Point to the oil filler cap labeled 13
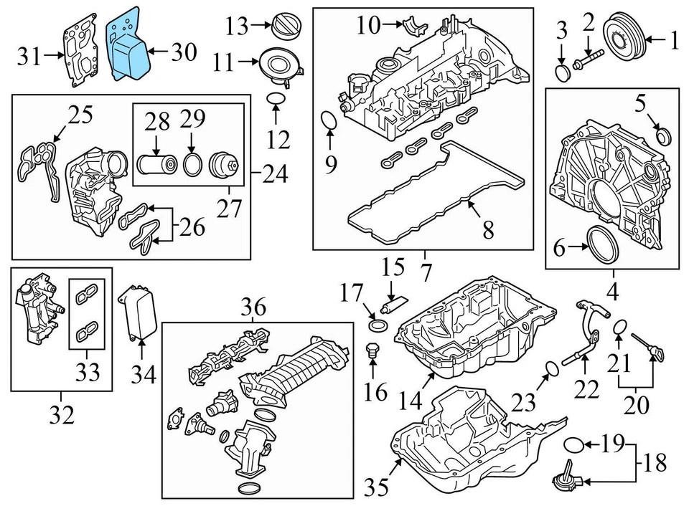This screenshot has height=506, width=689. [283, 27]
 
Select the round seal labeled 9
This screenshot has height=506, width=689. [328, 122]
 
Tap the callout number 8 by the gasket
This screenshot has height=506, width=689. [488, 230]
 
